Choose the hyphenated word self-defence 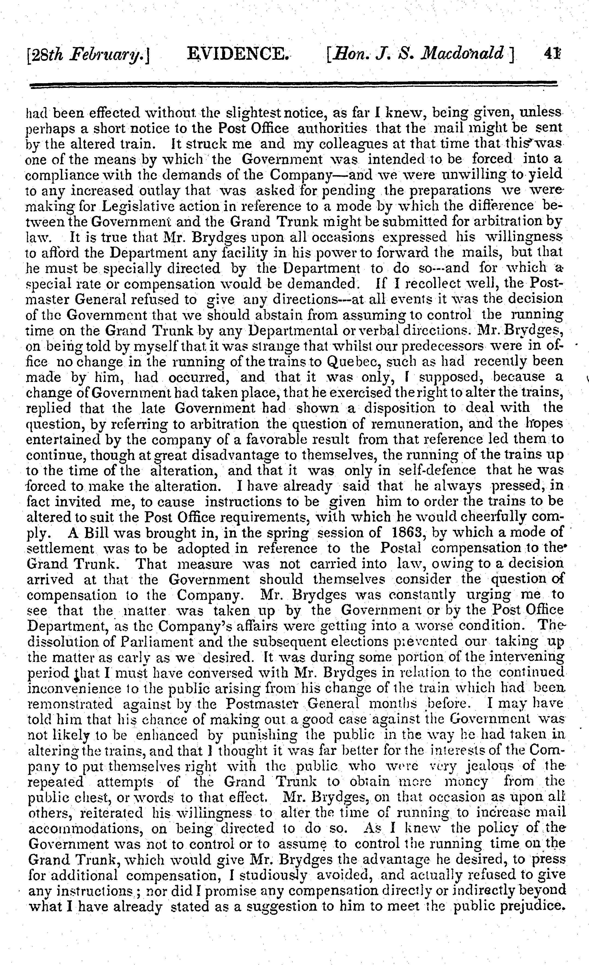point(436,470)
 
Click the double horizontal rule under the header point(294,85)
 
